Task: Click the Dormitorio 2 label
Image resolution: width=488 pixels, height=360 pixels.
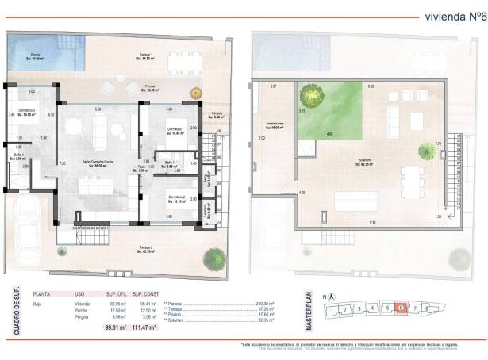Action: coord(177,199)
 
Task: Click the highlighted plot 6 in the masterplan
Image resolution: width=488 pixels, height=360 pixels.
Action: coord(401,308)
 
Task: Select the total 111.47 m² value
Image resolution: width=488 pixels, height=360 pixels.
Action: coord(145,327)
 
